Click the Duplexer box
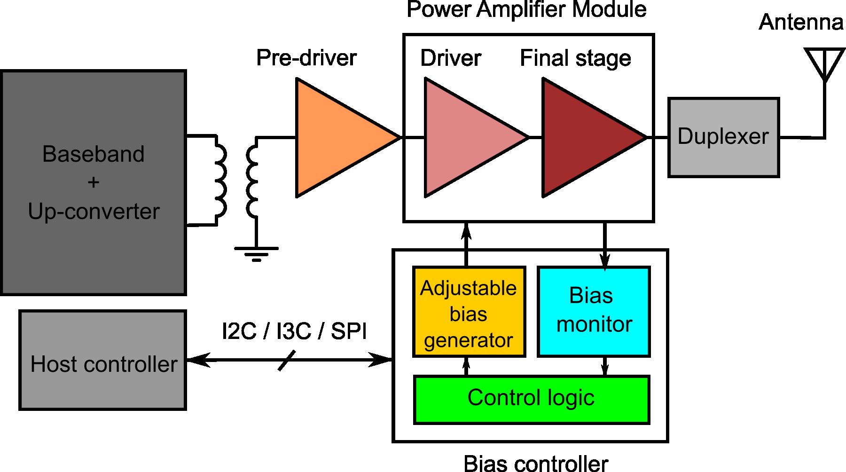click(723, 137)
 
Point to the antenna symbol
click(824, 63)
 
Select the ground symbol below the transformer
click(256, 253)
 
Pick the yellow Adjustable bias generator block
click(469, 313)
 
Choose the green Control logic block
click(531, 400)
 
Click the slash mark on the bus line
click(287, 360)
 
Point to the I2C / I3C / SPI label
click(294, 331)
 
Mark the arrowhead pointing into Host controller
click(196, 360)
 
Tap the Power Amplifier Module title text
click(526, 9)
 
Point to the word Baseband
click(93, 154)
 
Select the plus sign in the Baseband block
click(94, 182)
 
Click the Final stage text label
click(575, 59)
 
